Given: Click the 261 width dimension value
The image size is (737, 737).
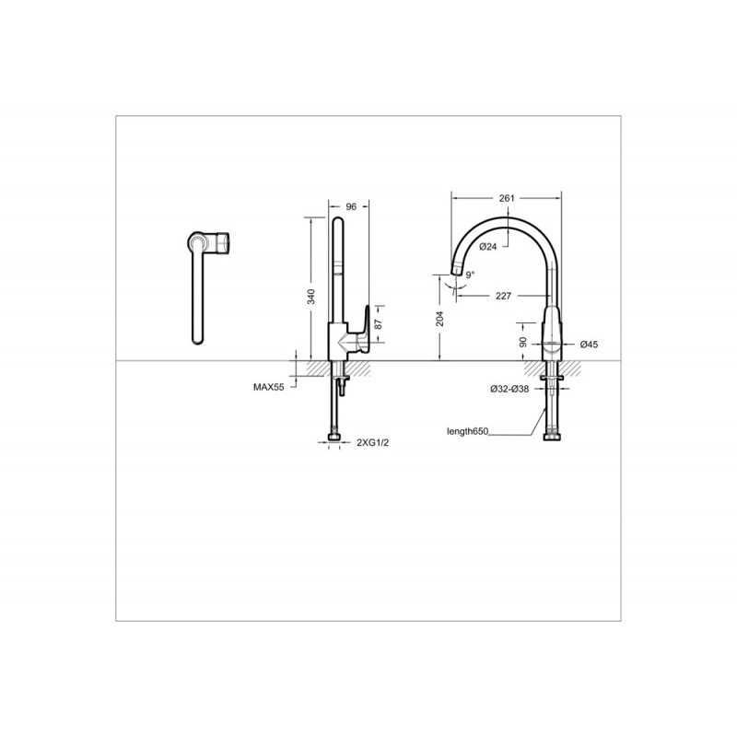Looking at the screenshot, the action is pyautogui.click(x=506, y=198).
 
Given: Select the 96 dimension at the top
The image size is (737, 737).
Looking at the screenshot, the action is pyautogui.click(x=351, y=206).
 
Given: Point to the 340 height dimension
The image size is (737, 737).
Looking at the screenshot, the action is pyautogui.click(x=311, y=297).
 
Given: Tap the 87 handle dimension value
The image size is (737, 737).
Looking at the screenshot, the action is pyautogui.click(x=379, y=324).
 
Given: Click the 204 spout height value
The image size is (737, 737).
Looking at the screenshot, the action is pyautogui.click(x=440, y=319).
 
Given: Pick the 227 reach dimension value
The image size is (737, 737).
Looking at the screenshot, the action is pyautogui.click(x=503, y=296).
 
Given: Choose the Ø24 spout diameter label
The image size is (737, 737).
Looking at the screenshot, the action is pyautogui.click(x=488, y=246).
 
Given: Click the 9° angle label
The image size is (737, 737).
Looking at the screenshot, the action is pyautogui.click(x=470, y=275).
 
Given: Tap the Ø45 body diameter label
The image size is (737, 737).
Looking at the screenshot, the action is pyautogui.click(x=589, y=345).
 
